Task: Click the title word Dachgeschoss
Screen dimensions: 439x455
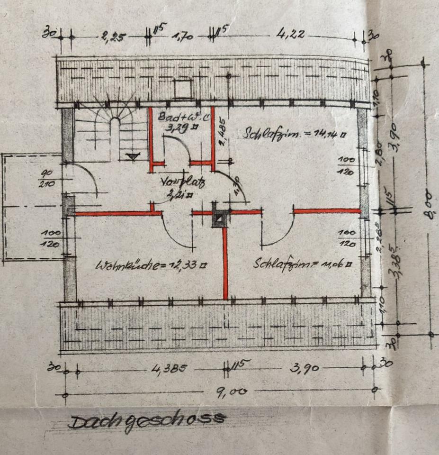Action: tap(147, 420)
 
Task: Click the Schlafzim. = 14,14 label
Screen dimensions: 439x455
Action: tap(294, 134)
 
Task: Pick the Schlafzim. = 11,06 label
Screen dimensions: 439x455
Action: tap(303, 264)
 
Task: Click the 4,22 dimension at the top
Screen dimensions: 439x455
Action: tap(292, 34)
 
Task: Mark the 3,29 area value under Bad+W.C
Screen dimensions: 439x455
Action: tap(176, 127)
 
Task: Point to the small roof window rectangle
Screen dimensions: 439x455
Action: tap(181, 89)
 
